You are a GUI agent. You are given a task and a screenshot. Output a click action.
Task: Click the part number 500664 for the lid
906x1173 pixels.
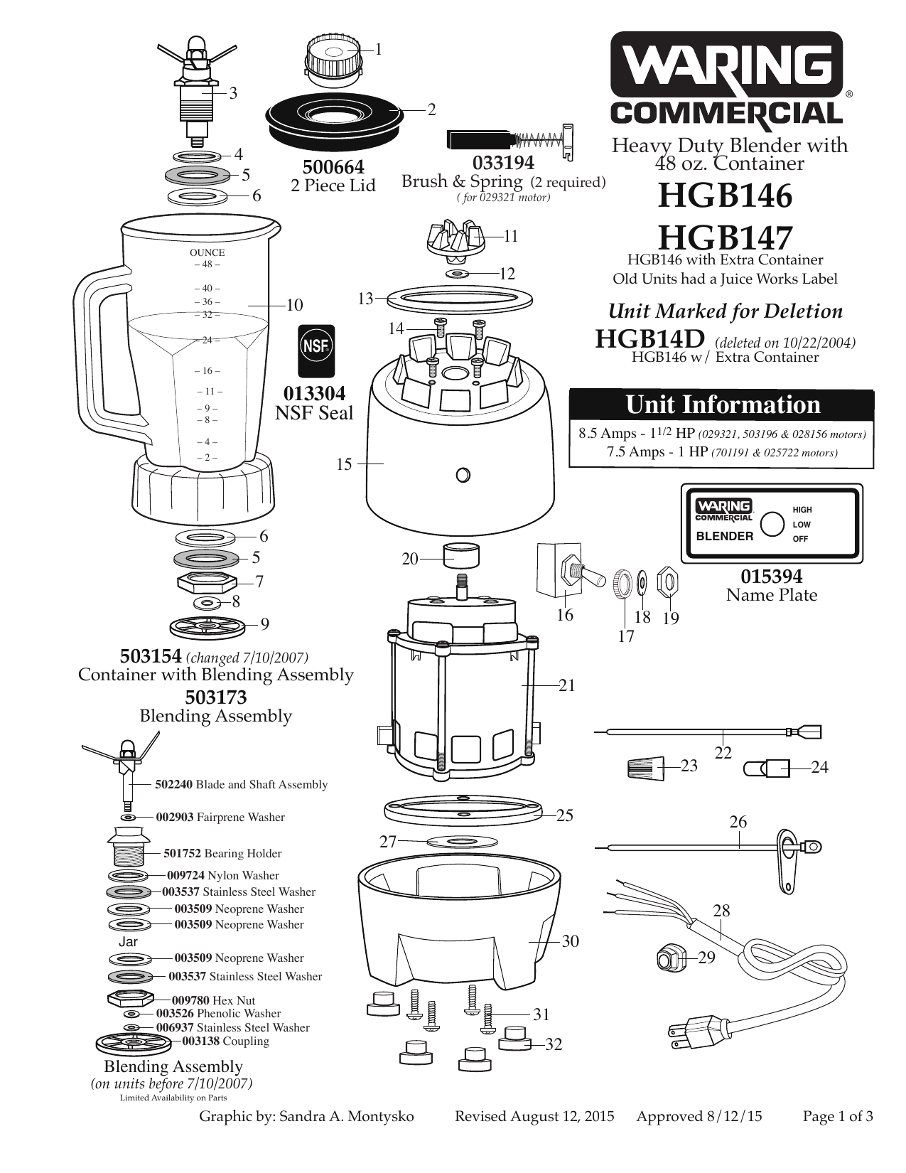tap(333, 167)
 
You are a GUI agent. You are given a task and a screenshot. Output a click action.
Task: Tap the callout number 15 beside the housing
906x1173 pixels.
tap(344, 464)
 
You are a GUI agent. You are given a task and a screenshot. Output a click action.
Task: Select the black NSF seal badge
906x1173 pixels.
tap(316, 351)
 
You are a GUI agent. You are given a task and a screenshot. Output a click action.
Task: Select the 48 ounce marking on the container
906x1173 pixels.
tap(207, 264)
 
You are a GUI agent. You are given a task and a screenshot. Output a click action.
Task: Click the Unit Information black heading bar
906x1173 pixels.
tap(722, 405)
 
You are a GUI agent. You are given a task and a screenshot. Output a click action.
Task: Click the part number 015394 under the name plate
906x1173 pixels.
tap(771, 576)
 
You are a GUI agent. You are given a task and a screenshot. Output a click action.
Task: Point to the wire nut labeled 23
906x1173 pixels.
tap(645, 767)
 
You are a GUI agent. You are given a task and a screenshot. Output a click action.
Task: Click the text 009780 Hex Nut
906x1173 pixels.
tap(213, 1000)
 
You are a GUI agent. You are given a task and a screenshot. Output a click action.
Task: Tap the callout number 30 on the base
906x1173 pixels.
tap(571, 941)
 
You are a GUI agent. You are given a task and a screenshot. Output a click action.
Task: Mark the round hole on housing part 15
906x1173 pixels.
tap(463, 475)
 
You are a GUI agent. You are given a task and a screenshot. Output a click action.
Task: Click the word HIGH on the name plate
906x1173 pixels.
tap(802, 510)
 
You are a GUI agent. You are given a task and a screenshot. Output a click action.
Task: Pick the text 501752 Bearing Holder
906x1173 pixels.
tap(222, 853)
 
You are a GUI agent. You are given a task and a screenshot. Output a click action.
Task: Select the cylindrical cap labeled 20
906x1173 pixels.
tap(460, 555)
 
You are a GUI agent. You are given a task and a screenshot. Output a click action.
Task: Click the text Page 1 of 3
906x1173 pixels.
tap(837, 1116)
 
